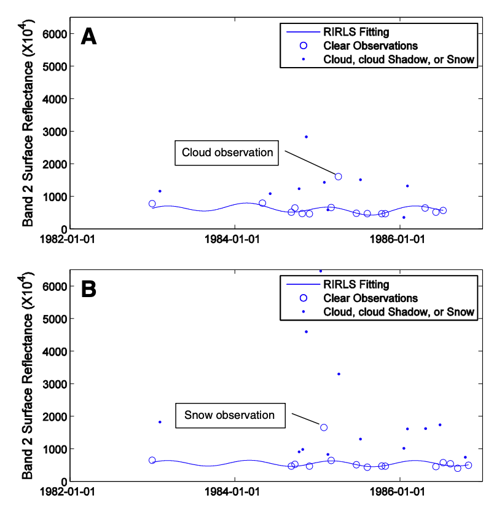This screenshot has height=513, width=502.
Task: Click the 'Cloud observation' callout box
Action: (x=227, y=153)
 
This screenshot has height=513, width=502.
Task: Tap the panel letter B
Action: (x=89, y=288)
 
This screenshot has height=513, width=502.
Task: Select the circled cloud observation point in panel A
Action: (x=338, y=177)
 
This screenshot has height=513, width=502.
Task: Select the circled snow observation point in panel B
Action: (x=324, y=427)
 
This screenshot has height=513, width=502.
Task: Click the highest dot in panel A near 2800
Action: (x=306, y=137)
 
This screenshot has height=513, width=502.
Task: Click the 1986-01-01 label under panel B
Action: (x=399, y=492)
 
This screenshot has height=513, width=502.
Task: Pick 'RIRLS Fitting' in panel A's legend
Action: (x=356, y=31)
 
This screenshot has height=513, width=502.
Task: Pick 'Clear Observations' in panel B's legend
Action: (x=371, y=298)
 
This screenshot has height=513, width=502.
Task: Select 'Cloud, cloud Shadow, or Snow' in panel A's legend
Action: (x=399, y=60)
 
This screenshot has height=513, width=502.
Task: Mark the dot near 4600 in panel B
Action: (x=306, y=332)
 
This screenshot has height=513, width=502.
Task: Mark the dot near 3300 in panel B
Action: (x=339, y=374)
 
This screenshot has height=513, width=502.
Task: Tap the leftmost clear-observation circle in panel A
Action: (x=152, y=204)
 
